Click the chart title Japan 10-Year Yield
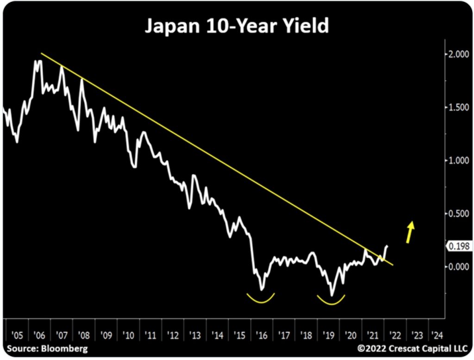(x=237, y=26)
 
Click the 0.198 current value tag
(x=458, y=247)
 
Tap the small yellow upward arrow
(x=410, y=231)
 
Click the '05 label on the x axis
(x=17, y=334)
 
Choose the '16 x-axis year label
(x=261, y=334)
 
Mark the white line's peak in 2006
(x=37, y=61)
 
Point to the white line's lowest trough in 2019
(x=332, y=295)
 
